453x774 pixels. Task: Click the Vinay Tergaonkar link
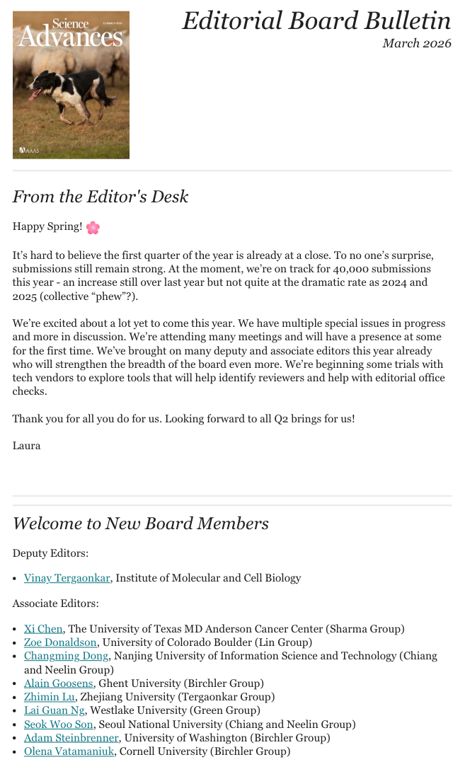pos(67,578)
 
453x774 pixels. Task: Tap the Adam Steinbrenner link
pos(71,738)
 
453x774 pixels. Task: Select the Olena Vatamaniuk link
pos(69,751)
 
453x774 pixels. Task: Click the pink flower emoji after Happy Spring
pos(93,227)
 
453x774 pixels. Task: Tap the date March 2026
pos(416,43)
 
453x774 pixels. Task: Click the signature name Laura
pos(26,446)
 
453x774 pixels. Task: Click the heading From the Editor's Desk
pos(101,197)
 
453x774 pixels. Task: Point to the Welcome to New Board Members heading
pos(140,524)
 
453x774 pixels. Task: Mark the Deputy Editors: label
pos(50,553)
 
